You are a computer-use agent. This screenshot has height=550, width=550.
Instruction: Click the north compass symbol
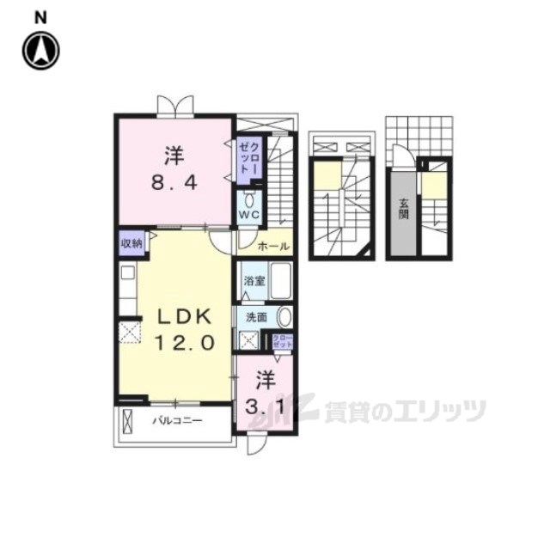point(40,50)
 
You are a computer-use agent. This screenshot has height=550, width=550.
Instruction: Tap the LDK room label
point(183,317)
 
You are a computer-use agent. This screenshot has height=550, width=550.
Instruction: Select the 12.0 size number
point(183,342)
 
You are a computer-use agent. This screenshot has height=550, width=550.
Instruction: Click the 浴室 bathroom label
point(253,280)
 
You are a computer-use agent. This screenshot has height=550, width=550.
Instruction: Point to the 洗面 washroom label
point(256,317)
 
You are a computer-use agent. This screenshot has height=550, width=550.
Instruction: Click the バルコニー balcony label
point(177,422)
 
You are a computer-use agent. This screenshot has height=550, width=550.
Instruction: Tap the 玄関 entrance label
point(402,208)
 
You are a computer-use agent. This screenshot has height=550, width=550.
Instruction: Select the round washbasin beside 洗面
point(284,317)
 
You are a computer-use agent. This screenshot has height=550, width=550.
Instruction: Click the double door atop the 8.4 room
point(174,106)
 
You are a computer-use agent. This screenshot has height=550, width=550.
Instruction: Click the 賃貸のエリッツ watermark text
point(404,412)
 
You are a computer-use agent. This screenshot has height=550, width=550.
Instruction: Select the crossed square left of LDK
point(130,331)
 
